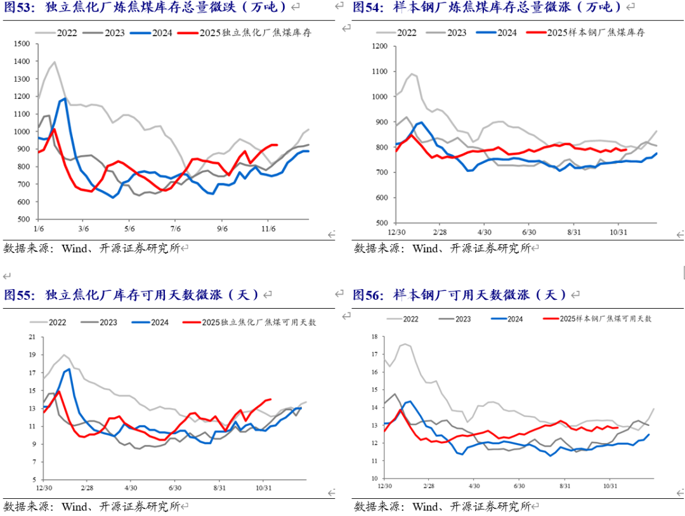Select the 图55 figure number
click(x=17, y=295)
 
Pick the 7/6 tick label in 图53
click(x=176, y=229)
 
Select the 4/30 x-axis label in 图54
click(x=485, y=233)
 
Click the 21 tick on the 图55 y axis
click(x=30, y=337)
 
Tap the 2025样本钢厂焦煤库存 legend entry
click(x=596, y=32)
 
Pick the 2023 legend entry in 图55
click(x=107, y=323)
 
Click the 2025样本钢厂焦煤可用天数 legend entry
click(x=605, y=318)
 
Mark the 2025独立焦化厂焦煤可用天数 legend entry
click(x=259, y=323)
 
